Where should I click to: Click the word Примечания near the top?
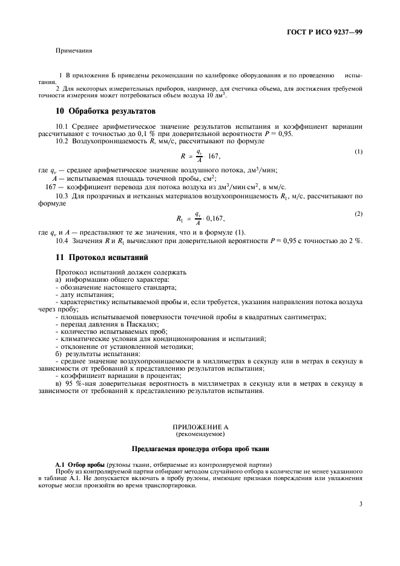(x=74, y=51)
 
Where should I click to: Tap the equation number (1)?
(x=359, y=151)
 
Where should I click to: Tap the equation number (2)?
(x=359, y=215)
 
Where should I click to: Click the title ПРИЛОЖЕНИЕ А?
(x=199, y=427)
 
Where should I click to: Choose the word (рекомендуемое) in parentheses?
(x=199, y=434)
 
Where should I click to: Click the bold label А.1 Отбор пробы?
(x=75, y=463)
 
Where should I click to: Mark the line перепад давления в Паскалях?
(x=102, y=324)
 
